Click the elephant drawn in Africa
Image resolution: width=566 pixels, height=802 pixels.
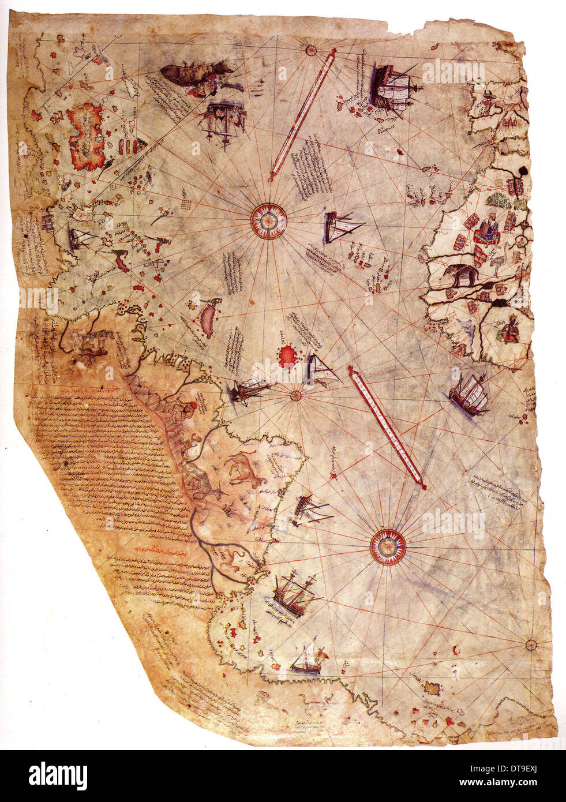coord(461,276)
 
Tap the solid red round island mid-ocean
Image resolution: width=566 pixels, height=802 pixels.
coord(287,356)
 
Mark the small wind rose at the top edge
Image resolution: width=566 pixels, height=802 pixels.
coord(312,50)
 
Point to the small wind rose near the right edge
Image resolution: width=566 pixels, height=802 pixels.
coord(531,644)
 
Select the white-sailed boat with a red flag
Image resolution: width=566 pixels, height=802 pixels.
coord(308,661)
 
